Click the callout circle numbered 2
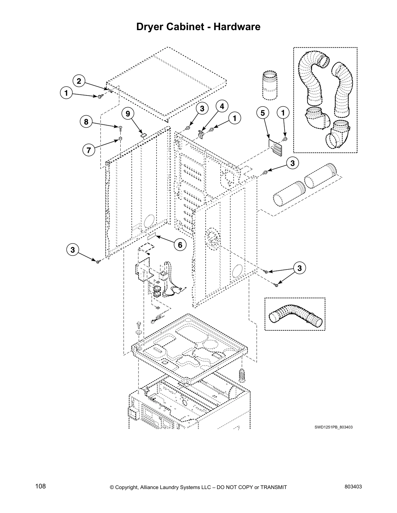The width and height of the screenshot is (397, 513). (79, 81)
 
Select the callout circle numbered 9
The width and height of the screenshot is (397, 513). (128, 114)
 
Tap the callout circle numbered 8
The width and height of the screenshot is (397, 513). (86, 122)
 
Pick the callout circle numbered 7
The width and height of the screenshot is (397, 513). (89, 150)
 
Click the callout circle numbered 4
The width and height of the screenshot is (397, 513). (222, 106)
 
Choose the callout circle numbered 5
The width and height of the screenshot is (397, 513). (263, 113)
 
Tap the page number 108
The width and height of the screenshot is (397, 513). (41, 486)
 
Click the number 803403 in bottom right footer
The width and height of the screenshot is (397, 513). (353, 487)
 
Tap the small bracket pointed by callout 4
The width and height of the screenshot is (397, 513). (201, 134)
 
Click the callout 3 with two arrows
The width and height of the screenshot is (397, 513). (299, 268)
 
